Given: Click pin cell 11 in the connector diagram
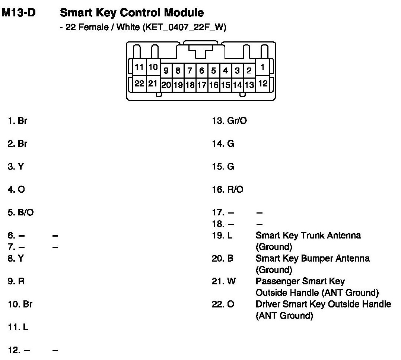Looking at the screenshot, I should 139,67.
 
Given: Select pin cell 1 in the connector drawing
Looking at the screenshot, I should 262,67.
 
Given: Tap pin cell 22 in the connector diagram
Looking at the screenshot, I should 139,83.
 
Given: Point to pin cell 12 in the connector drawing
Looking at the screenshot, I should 262,83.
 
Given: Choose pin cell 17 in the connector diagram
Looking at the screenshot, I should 201,85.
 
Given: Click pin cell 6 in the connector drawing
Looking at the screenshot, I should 201,70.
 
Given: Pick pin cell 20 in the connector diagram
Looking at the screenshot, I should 166,85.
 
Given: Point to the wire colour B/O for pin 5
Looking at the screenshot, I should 26,213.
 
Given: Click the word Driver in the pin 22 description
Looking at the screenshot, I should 268,304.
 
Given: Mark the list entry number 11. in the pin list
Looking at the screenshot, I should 12,328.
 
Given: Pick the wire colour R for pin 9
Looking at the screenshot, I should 21,281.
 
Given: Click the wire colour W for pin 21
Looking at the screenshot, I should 231,281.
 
